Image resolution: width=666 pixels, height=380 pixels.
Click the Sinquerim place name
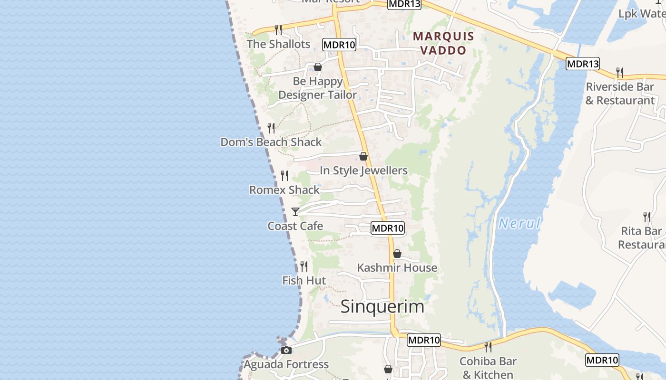click(x=382, y=306)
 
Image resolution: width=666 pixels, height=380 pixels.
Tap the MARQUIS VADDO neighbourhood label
click(x=443, y=43)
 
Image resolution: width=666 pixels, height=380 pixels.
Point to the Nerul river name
click(x=519, y=223)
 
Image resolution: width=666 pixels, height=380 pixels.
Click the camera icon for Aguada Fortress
click(x=286, y=351)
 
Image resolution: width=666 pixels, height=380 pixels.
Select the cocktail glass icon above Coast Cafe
click(x=295, y=212)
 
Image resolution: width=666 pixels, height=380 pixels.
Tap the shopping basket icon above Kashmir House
click(x=397, y=254)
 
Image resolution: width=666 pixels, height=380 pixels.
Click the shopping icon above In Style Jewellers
click(x=363, y=156)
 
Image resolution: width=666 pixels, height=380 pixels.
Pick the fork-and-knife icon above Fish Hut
click(x=304, y=266)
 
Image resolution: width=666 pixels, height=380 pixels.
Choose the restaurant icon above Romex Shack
click(x=284, y=176)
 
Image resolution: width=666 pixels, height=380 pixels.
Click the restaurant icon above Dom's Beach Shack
click(x=271, y=128)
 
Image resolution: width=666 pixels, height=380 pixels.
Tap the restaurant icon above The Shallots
click(x=278, y=30)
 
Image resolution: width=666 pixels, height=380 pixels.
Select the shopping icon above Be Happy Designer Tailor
click(x=318, y=67)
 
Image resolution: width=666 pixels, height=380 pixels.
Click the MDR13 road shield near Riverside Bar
click(x=582, y=64)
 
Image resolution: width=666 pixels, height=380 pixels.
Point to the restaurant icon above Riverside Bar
click(x=620, y=73)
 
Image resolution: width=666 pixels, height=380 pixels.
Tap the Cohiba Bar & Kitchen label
click(x=488, y=368)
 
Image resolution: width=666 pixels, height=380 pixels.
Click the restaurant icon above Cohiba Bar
click(x=488, y=347)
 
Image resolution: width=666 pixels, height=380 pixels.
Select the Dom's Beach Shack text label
click(x=271, y=142)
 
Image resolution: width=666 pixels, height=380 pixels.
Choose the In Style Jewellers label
click(x=363, y=171)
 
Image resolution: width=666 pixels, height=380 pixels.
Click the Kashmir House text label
click(x=397, y=268)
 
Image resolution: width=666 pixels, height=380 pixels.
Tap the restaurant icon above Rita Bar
click(x=647, y=217)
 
